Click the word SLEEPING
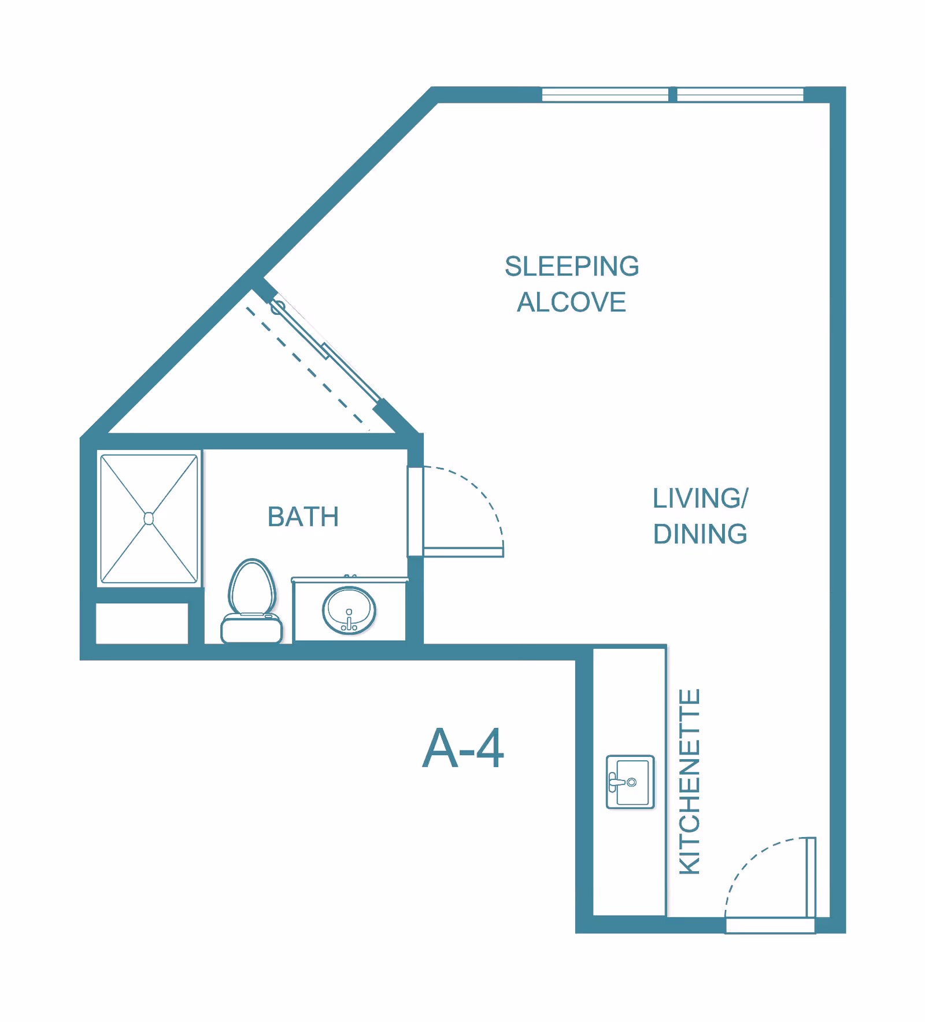pyautogui.click(x=572, y=267)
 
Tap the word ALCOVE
pyautogui.click(x=572, y=302)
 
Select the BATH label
pyautogui.click(x=303, y=516)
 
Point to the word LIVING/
pyautogui.click(x=700, y=498)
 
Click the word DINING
pyautogui.click(x=700, y=534)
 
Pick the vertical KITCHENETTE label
pyautogui.click(x=690, y=781)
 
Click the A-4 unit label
pyautogui.click(x=463, y=749)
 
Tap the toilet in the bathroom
pyautogui.click(x=252, y=601)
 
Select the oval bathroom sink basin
pyautogui.click(x=349, y=610)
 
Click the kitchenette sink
pyautogui.click(x=630, y=782)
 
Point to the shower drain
pyautogui.click(x=149, y=518)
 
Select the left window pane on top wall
pyautogui.click(x=605, y=95)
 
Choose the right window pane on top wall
pyautogui.click(x=740, y=95)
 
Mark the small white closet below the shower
pyautogui.click(x=142, y=623)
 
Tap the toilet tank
pyautogui.click(x=252, y=629)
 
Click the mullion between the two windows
pyautogui.click(x=672, y=95)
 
